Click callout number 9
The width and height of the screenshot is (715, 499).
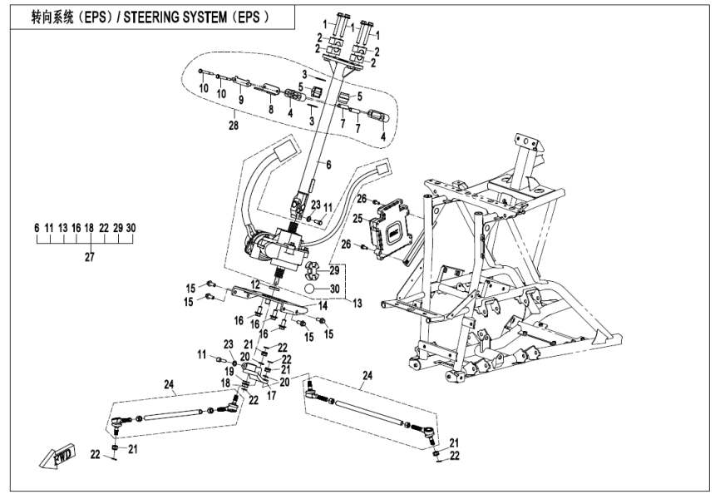tap(241, 100)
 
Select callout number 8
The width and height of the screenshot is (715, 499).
tap(270, 108)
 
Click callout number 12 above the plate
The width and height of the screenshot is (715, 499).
tap(257, 285)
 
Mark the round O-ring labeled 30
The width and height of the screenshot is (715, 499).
tap(309, 289)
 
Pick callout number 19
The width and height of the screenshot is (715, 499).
tap(228, 370)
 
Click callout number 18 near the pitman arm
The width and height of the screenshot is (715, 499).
tap(224, 383)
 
